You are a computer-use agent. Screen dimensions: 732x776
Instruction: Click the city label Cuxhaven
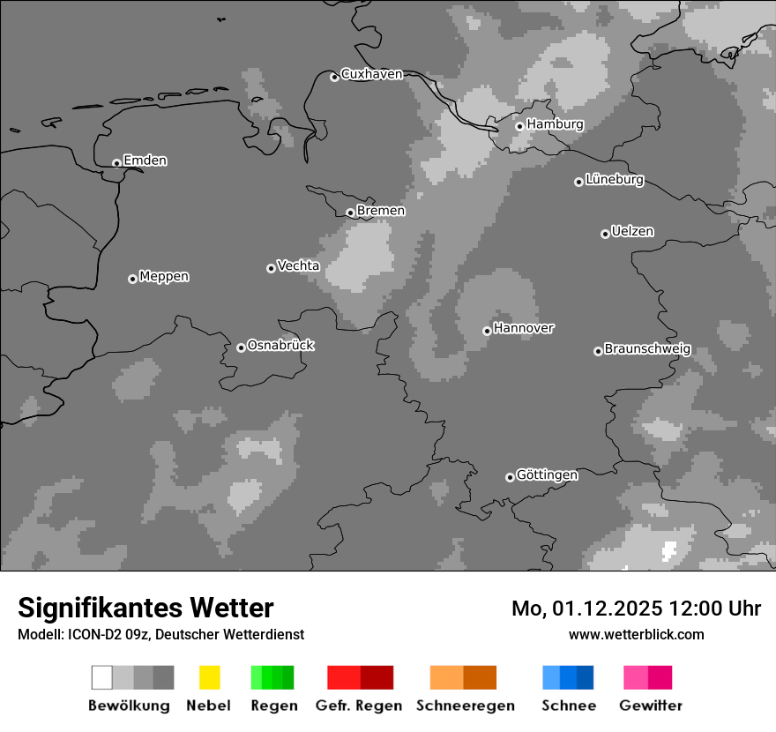pos(371,74)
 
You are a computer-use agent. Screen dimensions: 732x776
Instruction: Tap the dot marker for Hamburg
pos(519,126)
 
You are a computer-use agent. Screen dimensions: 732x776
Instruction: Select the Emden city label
pos(145,161)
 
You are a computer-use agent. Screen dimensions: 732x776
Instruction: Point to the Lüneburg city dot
pos(578,182)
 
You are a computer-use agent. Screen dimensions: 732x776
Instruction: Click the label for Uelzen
pos(632,231)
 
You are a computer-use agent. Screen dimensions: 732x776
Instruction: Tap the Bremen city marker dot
pos(350,213)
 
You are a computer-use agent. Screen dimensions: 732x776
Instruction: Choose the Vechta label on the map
pos(298,265)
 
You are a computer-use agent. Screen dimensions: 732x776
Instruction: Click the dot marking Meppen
pos(132,279)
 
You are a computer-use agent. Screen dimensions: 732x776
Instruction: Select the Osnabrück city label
pos(280,345)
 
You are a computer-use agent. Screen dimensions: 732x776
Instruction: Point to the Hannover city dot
pos(487,331)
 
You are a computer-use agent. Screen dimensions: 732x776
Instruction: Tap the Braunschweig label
pos(647,348)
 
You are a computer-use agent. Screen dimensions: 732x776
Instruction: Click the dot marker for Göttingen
pos(510,477)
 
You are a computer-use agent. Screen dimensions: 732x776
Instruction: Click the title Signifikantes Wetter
pos(145,608)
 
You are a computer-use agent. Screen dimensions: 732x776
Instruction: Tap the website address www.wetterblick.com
pos(636,634)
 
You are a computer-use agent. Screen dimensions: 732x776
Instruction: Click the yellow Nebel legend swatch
pos(209,677)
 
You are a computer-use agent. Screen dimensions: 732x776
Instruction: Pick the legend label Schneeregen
pos(465,706)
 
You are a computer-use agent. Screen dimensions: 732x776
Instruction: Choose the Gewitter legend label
pos(650,706)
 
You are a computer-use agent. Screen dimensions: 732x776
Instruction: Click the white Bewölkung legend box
pos(101,677)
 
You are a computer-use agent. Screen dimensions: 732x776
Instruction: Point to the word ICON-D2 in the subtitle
pos(90,634)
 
